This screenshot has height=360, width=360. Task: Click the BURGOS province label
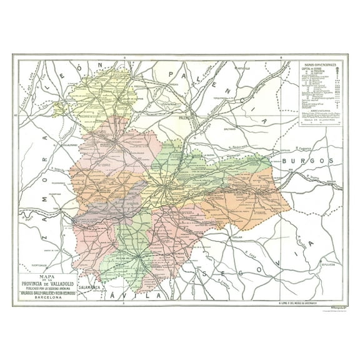pos(306,161)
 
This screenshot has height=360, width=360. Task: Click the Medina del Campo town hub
pos(133,255)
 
